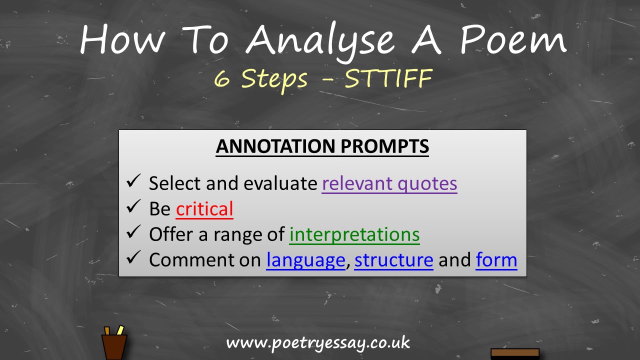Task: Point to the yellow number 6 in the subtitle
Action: click(x=222, y=79)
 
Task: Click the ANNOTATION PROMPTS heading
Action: click(x=322, y=146)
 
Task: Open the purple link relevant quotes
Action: click(x=389, y=183)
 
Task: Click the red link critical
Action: click(x=204, y=209)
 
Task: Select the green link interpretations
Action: click(x=354, y=234)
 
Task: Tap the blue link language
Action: click(x=305, y=260)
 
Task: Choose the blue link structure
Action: click(x=393, y=260)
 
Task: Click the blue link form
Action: click(x=496, y=260)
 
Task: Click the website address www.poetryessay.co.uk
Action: click(x=318, y=343)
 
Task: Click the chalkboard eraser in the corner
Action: click(x=515, y=353)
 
